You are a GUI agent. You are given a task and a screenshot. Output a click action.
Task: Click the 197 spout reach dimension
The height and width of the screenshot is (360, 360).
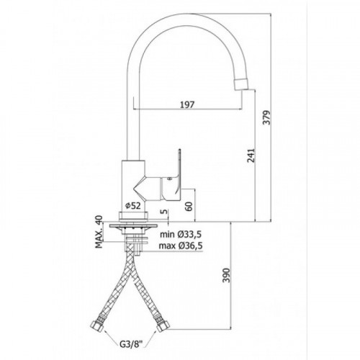tap(187, 104)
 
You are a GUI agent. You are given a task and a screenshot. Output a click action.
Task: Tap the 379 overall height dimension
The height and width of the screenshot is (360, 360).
tap(266, 117)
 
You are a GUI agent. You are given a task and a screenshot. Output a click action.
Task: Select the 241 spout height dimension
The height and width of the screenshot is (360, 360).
tap(251, 156)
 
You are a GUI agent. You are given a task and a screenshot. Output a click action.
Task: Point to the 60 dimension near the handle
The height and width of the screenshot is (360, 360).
tap(189, 206)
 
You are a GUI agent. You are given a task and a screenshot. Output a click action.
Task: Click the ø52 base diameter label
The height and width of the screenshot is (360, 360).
tap(133, 205)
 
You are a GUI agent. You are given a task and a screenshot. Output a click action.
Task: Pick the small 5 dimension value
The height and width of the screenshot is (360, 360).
tap(165, 212)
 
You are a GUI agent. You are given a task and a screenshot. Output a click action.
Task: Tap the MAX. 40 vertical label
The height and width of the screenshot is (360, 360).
tap(99, 232)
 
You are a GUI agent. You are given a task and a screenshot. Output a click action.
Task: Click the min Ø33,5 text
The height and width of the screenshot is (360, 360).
tap(181, 234)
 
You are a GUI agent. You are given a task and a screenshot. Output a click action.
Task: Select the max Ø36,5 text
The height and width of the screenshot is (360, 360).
tap(181, 246)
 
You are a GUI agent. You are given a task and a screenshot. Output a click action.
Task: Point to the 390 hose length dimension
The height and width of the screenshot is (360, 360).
tap(226, 276)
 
